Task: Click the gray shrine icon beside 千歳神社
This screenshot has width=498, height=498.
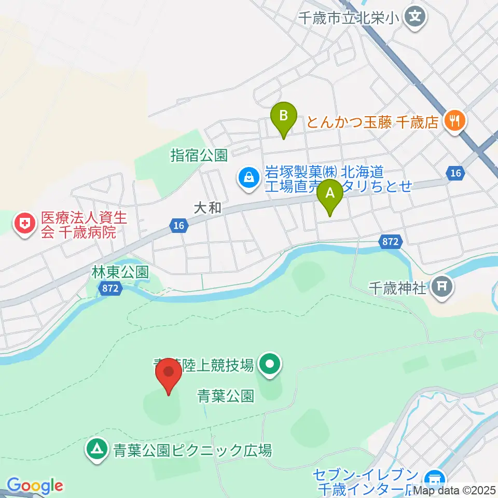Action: [442, 286]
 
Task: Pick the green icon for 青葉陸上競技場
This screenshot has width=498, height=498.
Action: [270, 366]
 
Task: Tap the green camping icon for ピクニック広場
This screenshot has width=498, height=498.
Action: [96, 448]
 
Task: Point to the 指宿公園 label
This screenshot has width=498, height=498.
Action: [199, 155]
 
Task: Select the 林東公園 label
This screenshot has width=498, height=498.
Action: [120, 271]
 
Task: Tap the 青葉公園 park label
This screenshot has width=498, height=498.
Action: [226, 397]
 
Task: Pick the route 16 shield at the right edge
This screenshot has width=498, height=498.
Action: [455, 173]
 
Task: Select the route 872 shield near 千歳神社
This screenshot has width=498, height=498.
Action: [391, 241]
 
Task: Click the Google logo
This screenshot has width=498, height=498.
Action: [35, 486]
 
